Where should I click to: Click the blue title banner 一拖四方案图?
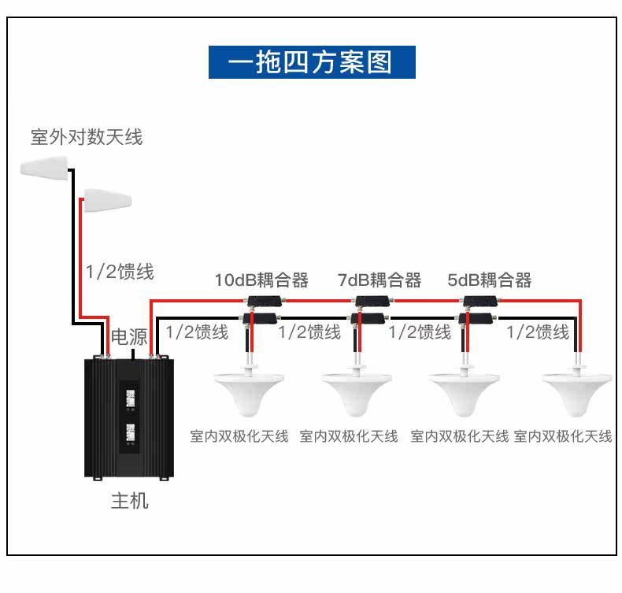point(312,62)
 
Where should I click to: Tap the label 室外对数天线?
point(87,137)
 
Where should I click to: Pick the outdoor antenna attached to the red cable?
point(108,199)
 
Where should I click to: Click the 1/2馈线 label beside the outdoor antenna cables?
point(120,272)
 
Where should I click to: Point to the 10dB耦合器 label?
point(261,280)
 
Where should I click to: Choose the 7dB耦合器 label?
point(379,280)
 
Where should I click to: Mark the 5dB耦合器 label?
point(489,280)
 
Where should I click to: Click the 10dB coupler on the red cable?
point(265,301)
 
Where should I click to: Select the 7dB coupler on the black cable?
point(368,318)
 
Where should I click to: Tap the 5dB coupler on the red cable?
point(480,301)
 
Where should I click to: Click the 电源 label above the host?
point(129,337)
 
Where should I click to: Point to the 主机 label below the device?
point(129,501)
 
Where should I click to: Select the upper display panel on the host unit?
point(130,398)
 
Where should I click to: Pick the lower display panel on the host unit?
point(130,433)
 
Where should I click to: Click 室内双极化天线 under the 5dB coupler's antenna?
point(459,436)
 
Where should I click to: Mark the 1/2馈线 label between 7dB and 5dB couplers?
point(420,332)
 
